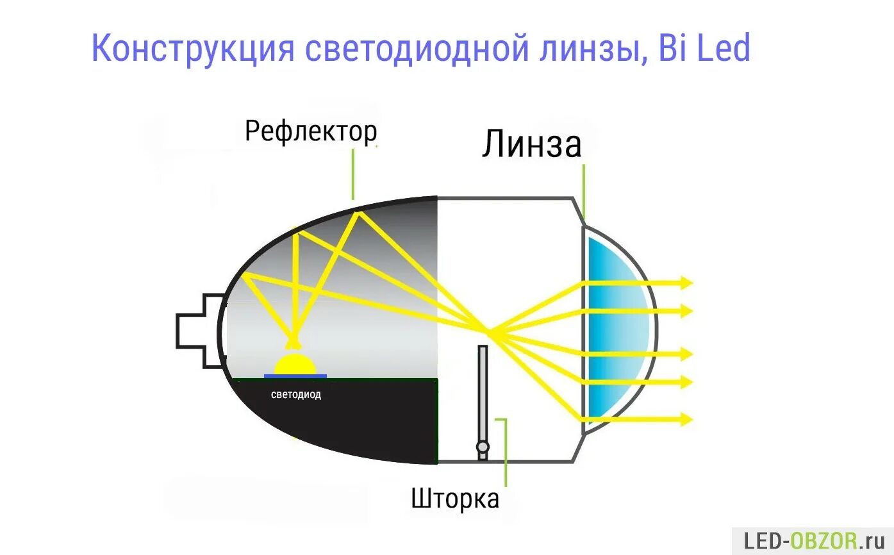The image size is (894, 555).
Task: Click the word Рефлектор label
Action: [x=311, y=131]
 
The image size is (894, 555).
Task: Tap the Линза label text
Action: [x=531, y=145]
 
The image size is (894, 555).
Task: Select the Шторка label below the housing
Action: [x=455, y=498]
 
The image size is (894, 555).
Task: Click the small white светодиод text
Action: [x=296, y=395]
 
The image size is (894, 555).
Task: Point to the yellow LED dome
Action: [x=295, y=363]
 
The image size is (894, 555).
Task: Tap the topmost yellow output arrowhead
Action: [x=687, y=282]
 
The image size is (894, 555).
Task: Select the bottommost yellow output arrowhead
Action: [x=687, y=420]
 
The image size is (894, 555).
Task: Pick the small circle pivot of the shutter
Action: [x=483, y=447]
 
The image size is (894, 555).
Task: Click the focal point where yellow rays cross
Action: [x=489, y=331]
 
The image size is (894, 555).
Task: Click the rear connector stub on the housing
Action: [x=195, y=331]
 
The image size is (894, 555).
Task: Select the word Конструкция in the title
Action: [x=192, y=49]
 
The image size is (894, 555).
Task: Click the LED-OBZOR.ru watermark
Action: [x=812, y=541]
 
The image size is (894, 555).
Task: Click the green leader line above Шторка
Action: [x=506, y=449]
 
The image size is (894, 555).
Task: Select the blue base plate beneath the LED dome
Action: [x=295, y=376]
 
